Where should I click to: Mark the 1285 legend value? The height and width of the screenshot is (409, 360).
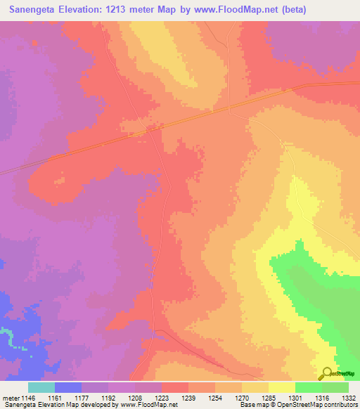click(267, 398)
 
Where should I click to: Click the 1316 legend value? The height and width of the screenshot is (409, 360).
click(321, 398)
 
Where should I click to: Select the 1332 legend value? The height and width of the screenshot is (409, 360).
click(347, 398)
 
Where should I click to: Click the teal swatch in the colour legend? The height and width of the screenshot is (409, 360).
click(41, 387)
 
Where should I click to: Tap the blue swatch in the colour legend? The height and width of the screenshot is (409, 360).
click(68, 387)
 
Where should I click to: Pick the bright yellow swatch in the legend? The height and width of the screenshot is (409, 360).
click(282, 387)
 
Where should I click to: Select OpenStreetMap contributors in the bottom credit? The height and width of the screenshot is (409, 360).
click(321, 405)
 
